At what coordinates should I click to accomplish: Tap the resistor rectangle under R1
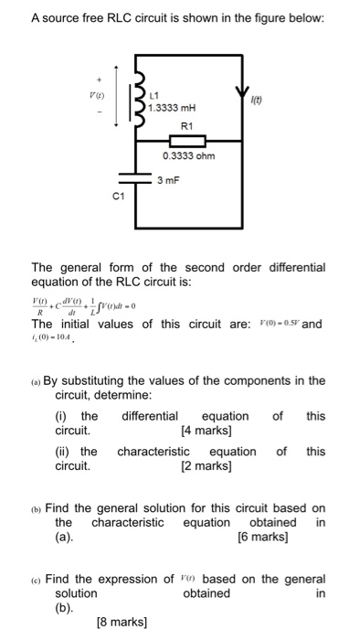point(188,141)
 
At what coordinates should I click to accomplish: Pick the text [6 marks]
point(262,538)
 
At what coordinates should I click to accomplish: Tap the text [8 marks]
point(122,623)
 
